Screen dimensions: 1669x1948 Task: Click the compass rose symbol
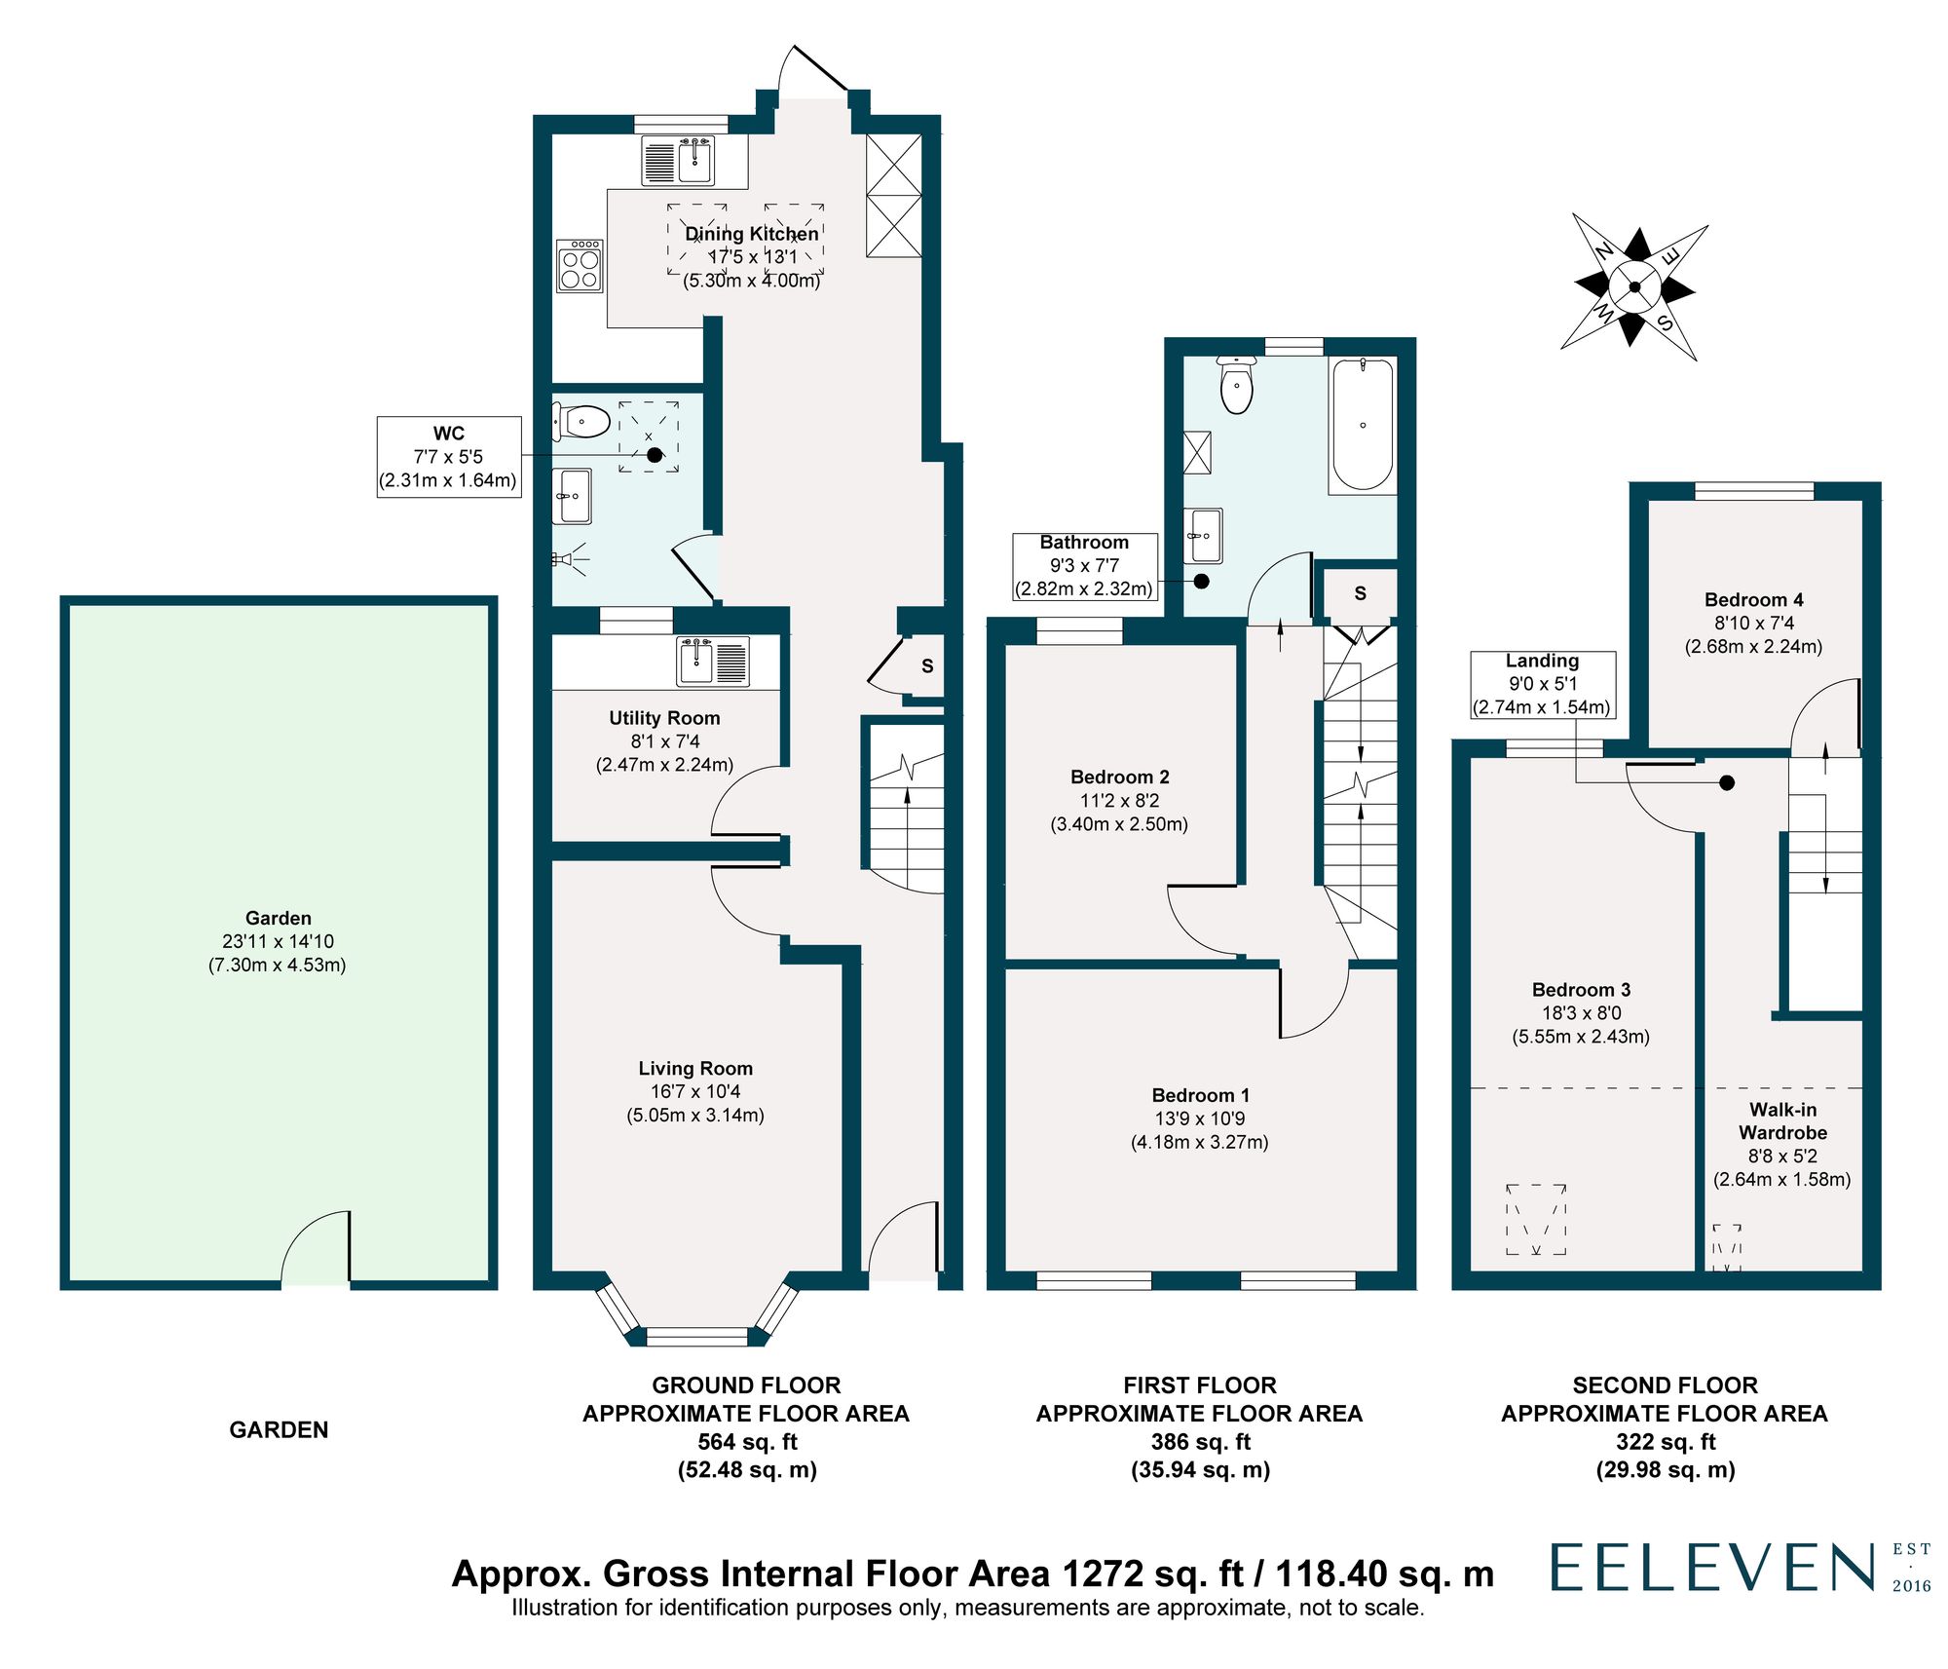(1634, 287)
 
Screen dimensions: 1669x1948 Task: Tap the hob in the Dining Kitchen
(581, 266)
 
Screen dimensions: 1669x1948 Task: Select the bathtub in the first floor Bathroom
(1363, 425)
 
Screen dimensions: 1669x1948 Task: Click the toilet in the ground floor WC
(581, 422)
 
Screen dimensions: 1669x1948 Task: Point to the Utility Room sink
(697, 661)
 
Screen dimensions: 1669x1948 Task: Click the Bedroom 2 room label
(1119, 777)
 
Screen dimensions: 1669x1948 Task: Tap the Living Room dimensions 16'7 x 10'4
(694, 1091)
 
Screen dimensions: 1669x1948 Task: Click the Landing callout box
(1542, 684)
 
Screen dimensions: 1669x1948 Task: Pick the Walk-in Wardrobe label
(1782, 1120)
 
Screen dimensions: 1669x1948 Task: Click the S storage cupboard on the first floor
(1360, 593)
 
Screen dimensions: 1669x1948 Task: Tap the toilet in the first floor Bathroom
(1236, 387)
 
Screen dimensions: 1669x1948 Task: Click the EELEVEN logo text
(1712, 1568)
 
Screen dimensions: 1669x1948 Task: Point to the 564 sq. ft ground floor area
(746, 1441)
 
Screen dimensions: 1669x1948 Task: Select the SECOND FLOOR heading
(1664, 1385)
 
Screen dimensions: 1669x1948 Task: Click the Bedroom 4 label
(1753, 599)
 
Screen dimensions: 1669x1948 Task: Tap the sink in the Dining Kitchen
(695, 159)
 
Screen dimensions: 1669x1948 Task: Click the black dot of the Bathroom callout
(1201, 581)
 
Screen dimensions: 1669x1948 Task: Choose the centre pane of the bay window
(695, 1336)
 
